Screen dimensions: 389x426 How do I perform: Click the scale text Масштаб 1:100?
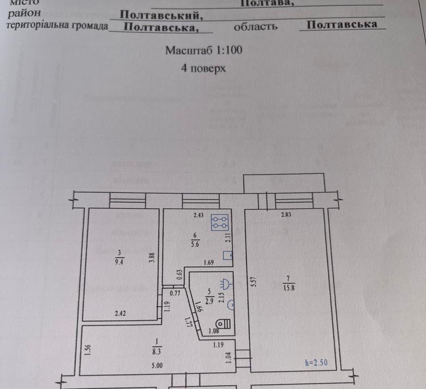pos(204,50)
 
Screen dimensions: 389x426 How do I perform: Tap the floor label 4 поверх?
pos(204,68)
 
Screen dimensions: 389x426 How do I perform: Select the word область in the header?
pos(256,26)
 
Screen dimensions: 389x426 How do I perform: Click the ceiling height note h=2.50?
pos(316,361)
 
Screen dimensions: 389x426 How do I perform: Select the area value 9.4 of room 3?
pos(119,262)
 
